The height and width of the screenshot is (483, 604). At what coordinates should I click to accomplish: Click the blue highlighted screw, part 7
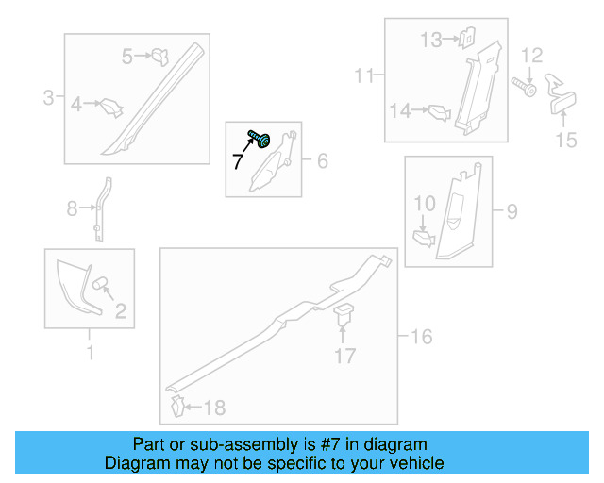260,140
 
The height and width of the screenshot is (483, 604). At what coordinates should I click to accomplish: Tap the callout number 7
237,162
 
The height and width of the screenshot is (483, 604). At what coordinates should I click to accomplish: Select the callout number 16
421,337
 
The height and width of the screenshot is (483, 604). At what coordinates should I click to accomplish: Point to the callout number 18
215,408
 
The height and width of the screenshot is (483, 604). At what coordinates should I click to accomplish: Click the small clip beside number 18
176,407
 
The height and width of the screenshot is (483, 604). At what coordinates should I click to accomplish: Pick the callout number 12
532,56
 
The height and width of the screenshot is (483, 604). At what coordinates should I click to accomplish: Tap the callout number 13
430,40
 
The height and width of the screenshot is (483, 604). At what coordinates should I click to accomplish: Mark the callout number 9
511,211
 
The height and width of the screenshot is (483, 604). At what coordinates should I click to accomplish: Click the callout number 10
424,203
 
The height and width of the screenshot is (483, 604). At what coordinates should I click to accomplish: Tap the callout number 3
48,96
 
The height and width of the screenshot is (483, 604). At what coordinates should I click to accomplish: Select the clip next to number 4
111,107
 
